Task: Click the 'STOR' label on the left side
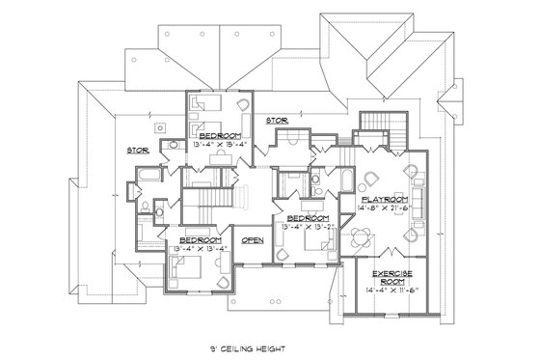coord(138,150)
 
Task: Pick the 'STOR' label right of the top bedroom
coord(277,121)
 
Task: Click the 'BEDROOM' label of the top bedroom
coord(219,136)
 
